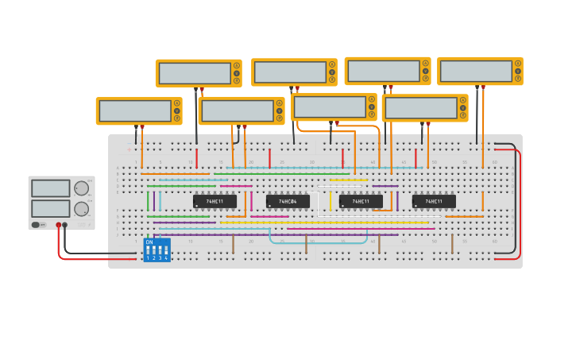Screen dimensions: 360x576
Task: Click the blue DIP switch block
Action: (x=157, y=250)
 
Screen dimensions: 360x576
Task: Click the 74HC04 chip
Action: (x=288, y=202)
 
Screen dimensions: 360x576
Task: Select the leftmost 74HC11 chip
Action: (x=215, y=202)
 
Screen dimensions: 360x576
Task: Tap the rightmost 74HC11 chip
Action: (x=434, y=202)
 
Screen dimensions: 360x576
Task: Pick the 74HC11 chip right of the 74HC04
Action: (x=361, y=202)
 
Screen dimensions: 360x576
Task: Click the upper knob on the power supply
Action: (x=81, y=188)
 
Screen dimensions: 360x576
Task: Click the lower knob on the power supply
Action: (x=81, y=209)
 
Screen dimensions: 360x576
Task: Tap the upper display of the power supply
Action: (x=50, y=188)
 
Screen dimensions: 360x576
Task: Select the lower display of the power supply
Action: (x=50, y=208)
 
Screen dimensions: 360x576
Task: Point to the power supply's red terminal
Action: (x=58, y=226)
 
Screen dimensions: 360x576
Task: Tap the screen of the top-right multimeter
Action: (x=476, y=71)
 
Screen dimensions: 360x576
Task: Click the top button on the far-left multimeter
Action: (x=177, y=103)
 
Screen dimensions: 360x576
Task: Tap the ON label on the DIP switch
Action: (x=149, y=242)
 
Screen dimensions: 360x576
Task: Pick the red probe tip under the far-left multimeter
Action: (x=142, y=128)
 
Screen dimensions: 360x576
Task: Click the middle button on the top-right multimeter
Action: (x=518, y=71)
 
